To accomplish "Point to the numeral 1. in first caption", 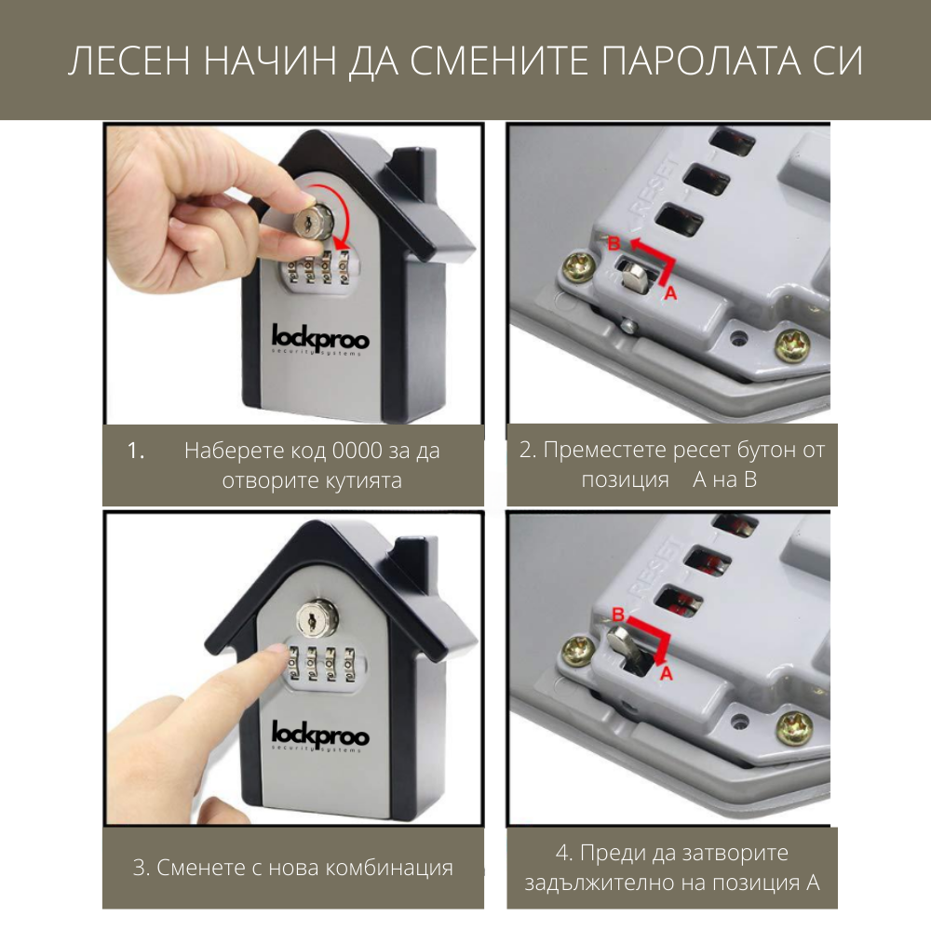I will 137,452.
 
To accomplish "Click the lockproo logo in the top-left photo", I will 320,338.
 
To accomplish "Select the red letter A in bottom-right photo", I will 666,673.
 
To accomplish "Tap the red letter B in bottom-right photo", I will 615,614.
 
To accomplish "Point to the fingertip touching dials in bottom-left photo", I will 276,657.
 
